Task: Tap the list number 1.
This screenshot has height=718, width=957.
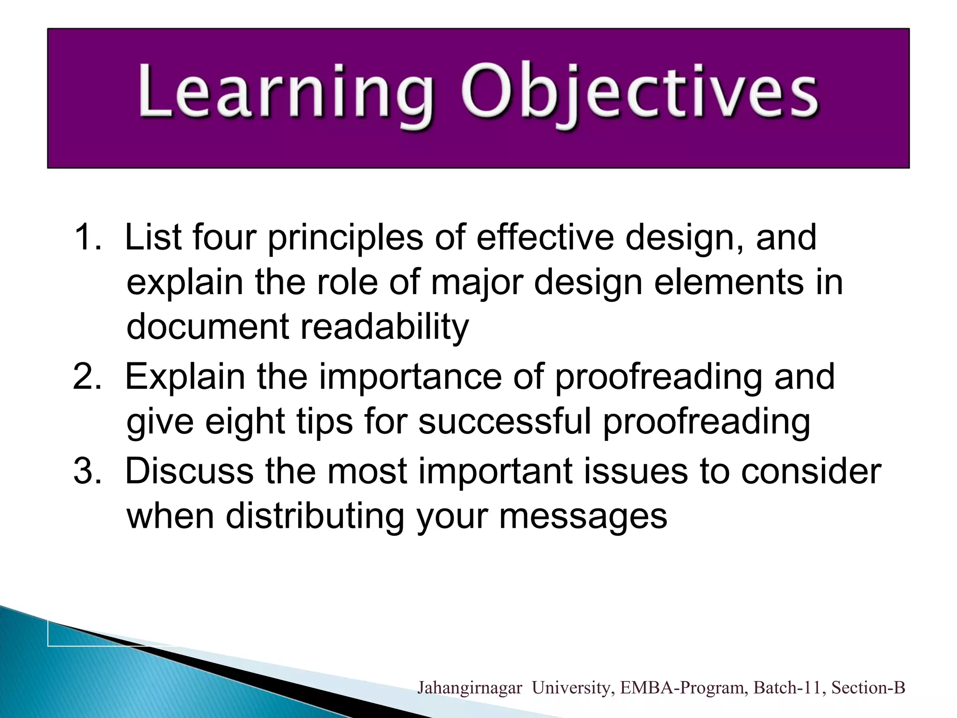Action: point(87,237)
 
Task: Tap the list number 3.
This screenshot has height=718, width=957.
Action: point(87,471)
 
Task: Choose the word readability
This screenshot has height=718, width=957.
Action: point(384,327)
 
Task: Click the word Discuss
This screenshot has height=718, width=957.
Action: point(189,471)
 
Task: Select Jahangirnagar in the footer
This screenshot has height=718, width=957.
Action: point(470,688)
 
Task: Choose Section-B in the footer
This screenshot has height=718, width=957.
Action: point(868,688)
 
